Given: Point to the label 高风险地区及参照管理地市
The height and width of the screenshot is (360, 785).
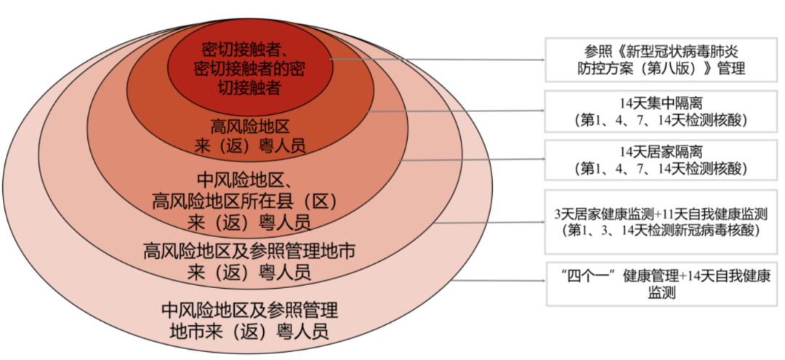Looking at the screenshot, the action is (249, 251).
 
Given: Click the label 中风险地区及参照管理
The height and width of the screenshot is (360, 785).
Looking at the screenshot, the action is (250, 311).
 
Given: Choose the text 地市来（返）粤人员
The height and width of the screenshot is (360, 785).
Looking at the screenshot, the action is (250, 331).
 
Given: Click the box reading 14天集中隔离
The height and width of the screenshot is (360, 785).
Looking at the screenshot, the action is (661, 112).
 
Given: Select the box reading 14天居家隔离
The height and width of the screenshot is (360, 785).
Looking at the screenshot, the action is (661, 160).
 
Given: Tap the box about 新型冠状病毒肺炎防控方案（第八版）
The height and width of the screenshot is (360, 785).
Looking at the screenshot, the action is (661, 60).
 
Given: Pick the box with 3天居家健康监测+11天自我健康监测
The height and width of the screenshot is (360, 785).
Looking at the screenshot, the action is (661, 221).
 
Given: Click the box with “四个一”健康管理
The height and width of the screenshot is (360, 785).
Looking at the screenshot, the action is (661, 284).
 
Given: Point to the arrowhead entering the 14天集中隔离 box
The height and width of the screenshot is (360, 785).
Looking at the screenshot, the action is (542, 111).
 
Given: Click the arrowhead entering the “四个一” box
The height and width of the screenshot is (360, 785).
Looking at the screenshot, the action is (542, 281).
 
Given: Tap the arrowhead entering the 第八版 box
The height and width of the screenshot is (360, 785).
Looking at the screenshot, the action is (542, 60).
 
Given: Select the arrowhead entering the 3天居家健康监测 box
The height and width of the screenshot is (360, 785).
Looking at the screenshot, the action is (542, 222).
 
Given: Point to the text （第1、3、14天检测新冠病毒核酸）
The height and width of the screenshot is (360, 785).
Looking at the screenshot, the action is (661, 231).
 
